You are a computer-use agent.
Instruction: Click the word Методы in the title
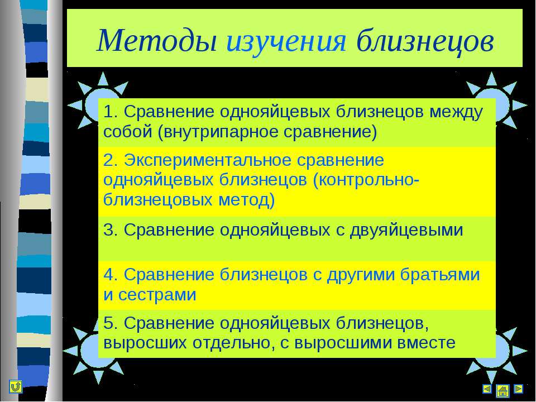[157, 41]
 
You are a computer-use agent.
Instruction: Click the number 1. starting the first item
[111, 112]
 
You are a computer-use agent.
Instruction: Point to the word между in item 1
[456, 112]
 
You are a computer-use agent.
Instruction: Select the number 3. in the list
[111, 229]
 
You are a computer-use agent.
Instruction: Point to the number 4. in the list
[111, 275]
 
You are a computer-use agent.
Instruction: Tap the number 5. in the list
[111, 323]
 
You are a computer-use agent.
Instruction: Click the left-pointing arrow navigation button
[487, 389]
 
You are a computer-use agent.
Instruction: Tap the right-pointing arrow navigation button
[519, 389]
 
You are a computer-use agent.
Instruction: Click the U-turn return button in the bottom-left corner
[16, 386]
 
